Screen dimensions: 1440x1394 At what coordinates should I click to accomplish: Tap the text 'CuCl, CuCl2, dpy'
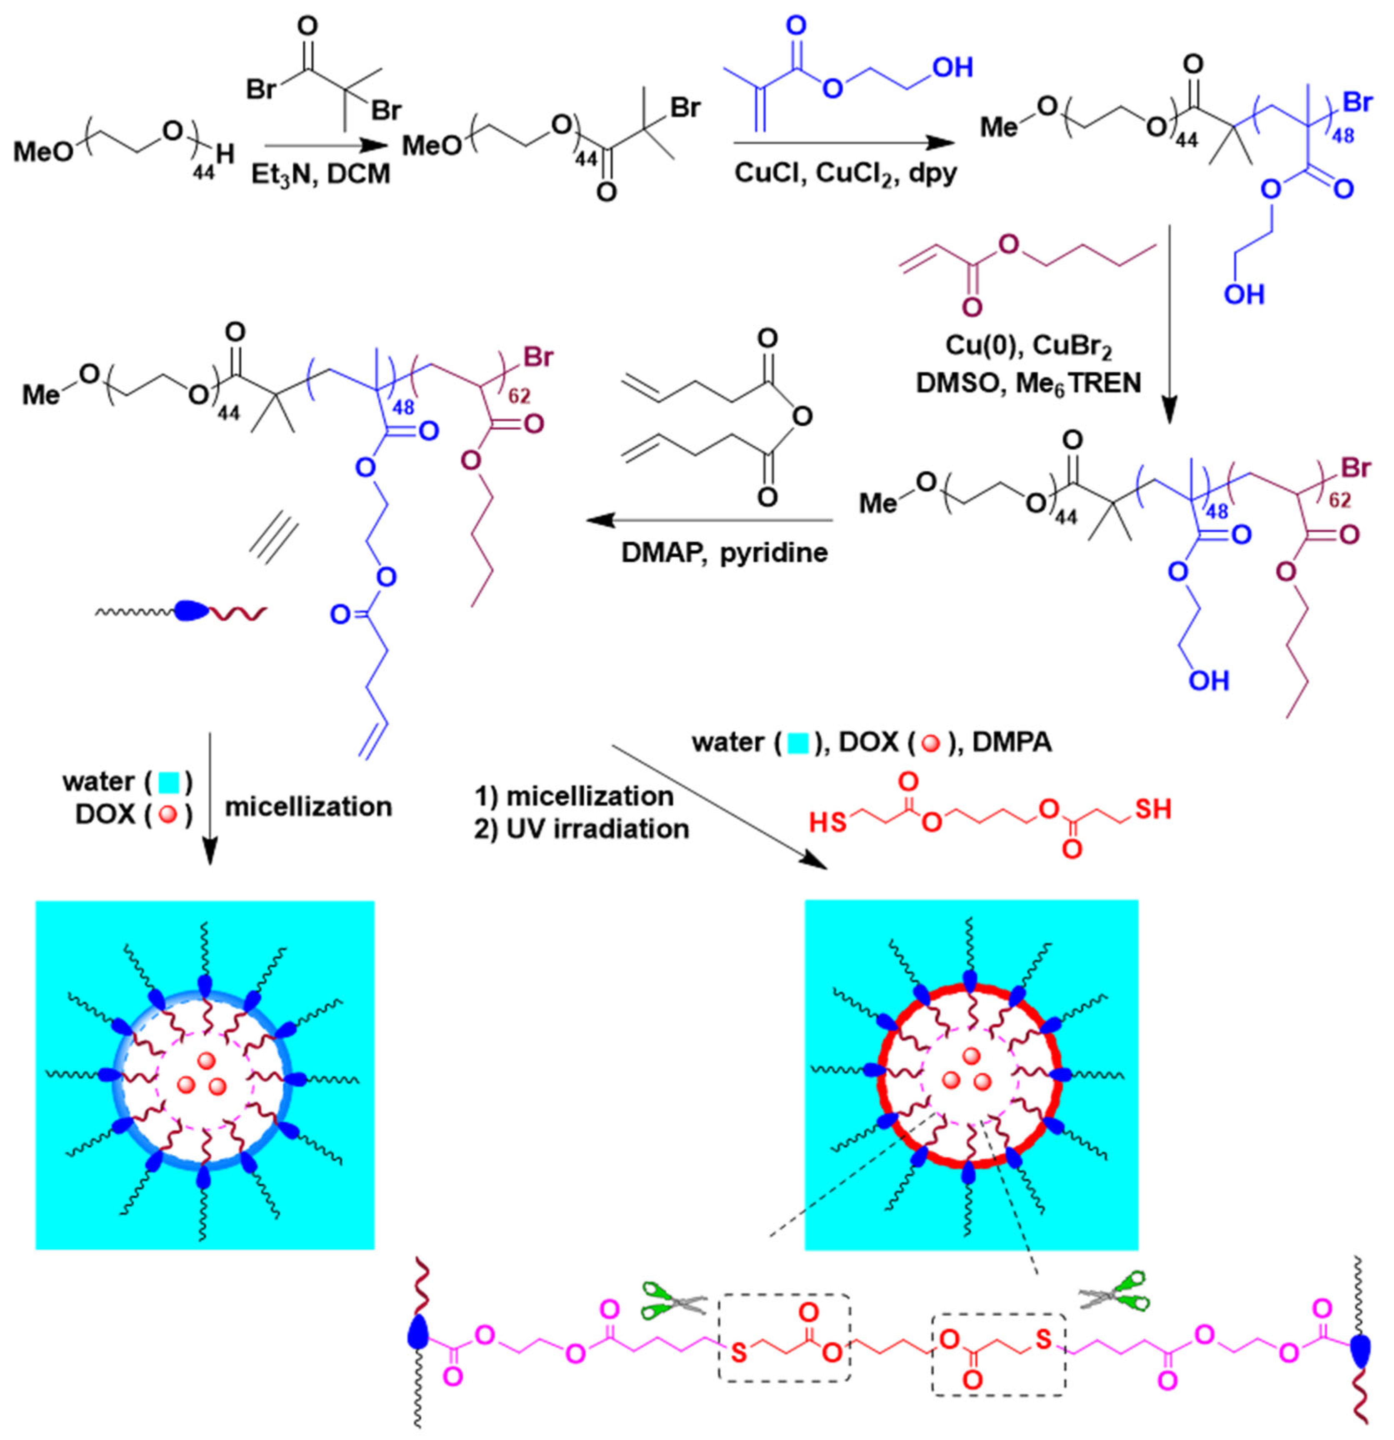845,174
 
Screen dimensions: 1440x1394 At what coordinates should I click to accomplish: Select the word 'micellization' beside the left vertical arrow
309,807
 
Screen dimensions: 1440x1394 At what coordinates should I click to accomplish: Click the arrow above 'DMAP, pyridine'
709,522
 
